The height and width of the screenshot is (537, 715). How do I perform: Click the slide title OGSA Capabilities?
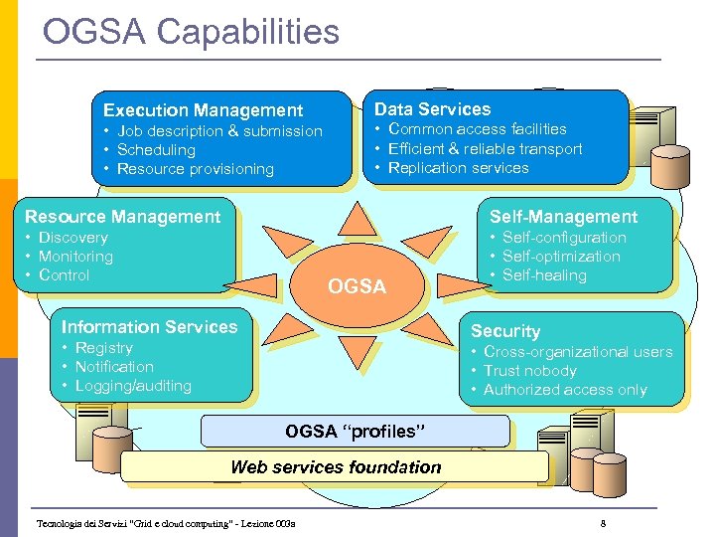[191, 32]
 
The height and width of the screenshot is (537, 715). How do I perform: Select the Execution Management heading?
[203, 110]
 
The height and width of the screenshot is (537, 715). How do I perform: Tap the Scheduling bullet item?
[156, 150]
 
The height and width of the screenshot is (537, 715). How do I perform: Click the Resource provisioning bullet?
[195, 169]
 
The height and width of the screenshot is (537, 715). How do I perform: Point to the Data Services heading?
[432, 109]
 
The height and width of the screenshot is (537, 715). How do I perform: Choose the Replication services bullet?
[458, 168]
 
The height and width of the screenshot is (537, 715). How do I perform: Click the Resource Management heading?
[122, 217]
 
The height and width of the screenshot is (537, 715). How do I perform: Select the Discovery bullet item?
[72, 238]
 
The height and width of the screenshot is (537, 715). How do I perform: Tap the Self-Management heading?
[563, 217]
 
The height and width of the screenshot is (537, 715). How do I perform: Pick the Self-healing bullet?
[544, 275]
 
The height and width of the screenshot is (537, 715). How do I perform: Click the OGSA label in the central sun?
[357, 287]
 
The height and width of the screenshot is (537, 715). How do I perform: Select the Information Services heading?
[149, 327]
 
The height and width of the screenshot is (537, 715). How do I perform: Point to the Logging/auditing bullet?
[133, 386]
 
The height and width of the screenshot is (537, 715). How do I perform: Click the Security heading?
[505, 331]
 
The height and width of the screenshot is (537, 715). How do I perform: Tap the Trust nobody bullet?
[529, 371]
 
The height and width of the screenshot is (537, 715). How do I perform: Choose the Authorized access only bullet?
[565, 390]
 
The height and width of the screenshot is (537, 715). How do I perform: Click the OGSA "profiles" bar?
[355, 432]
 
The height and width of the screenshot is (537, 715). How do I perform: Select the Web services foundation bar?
[336, 467]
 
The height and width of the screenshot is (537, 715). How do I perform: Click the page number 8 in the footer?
[603, 523]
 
